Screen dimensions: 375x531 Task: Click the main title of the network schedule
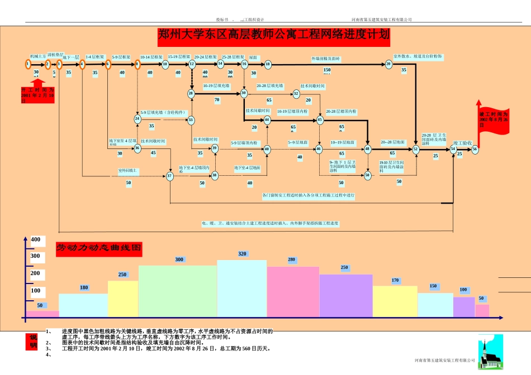pyautogui.click(x=273, y=36)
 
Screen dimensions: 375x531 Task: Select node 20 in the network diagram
pyautogui.click(x=388, y=64)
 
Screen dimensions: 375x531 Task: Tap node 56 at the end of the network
pyautogui.click(x=475, y=149)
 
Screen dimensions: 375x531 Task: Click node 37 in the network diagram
pyautogui.click(x=169, y=176)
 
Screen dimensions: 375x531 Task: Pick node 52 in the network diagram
pyautogui.click(x=416, y=149)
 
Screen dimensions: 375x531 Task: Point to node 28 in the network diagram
pyautogui.click(x=191, y=93)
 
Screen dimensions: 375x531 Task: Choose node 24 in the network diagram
pyautogui.click(x=138, y=119)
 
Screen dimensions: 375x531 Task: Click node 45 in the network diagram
pyautogui.click(x=320, y=119)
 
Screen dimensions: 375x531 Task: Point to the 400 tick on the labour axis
pyautogui.click(x=36, y=239)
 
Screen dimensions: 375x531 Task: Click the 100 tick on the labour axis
pyautogui.click(x=36, y=291)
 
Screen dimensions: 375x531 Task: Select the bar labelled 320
pyautogui.click(x=242, y=290)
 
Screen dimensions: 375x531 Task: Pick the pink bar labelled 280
pyautogui.click(x=293, y=294)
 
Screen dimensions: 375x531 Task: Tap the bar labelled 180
pyautogui.click(x=83, y=306)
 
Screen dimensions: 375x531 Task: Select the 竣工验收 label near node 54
pyautogui.click(x=463, y=143)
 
